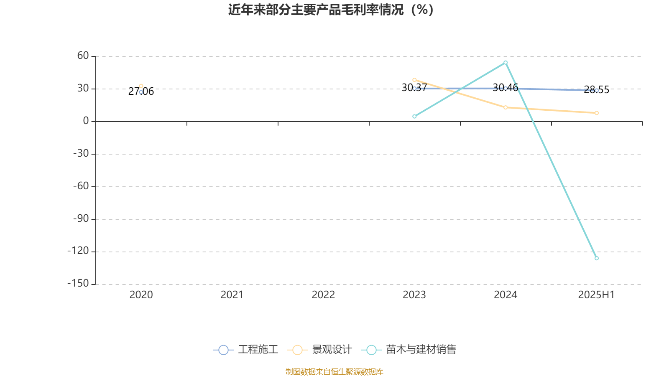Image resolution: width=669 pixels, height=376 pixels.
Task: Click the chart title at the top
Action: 331,10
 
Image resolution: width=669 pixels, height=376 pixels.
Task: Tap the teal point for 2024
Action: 506,63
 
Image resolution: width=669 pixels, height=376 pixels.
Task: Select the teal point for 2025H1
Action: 596,258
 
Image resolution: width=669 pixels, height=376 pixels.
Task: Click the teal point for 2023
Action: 414,117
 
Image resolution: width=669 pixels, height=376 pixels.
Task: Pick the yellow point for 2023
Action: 414,80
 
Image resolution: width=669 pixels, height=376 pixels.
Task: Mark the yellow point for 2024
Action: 506,107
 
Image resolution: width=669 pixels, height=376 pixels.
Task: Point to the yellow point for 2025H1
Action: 596,113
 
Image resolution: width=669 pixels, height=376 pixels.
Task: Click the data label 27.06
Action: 141,91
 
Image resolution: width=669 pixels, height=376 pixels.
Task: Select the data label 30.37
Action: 414,88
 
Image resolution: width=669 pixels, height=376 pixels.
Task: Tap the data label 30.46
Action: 506,88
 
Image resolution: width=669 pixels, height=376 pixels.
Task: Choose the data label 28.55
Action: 596,90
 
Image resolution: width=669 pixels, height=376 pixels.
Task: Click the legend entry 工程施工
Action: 245,349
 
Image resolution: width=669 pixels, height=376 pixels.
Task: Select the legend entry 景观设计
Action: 319,349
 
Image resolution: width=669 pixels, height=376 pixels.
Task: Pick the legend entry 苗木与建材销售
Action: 409,349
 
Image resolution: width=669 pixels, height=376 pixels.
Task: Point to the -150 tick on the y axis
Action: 78,283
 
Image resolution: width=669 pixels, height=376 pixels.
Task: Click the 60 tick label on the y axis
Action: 83,56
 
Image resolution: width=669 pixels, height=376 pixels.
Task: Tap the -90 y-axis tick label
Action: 81,219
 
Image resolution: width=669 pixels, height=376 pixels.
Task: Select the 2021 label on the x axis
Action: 232,295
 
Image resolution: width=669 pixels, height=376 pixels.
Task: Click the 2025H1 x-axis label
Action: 596,295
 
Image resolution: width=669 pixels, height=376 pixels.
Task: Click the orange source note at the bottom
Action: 334,372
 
